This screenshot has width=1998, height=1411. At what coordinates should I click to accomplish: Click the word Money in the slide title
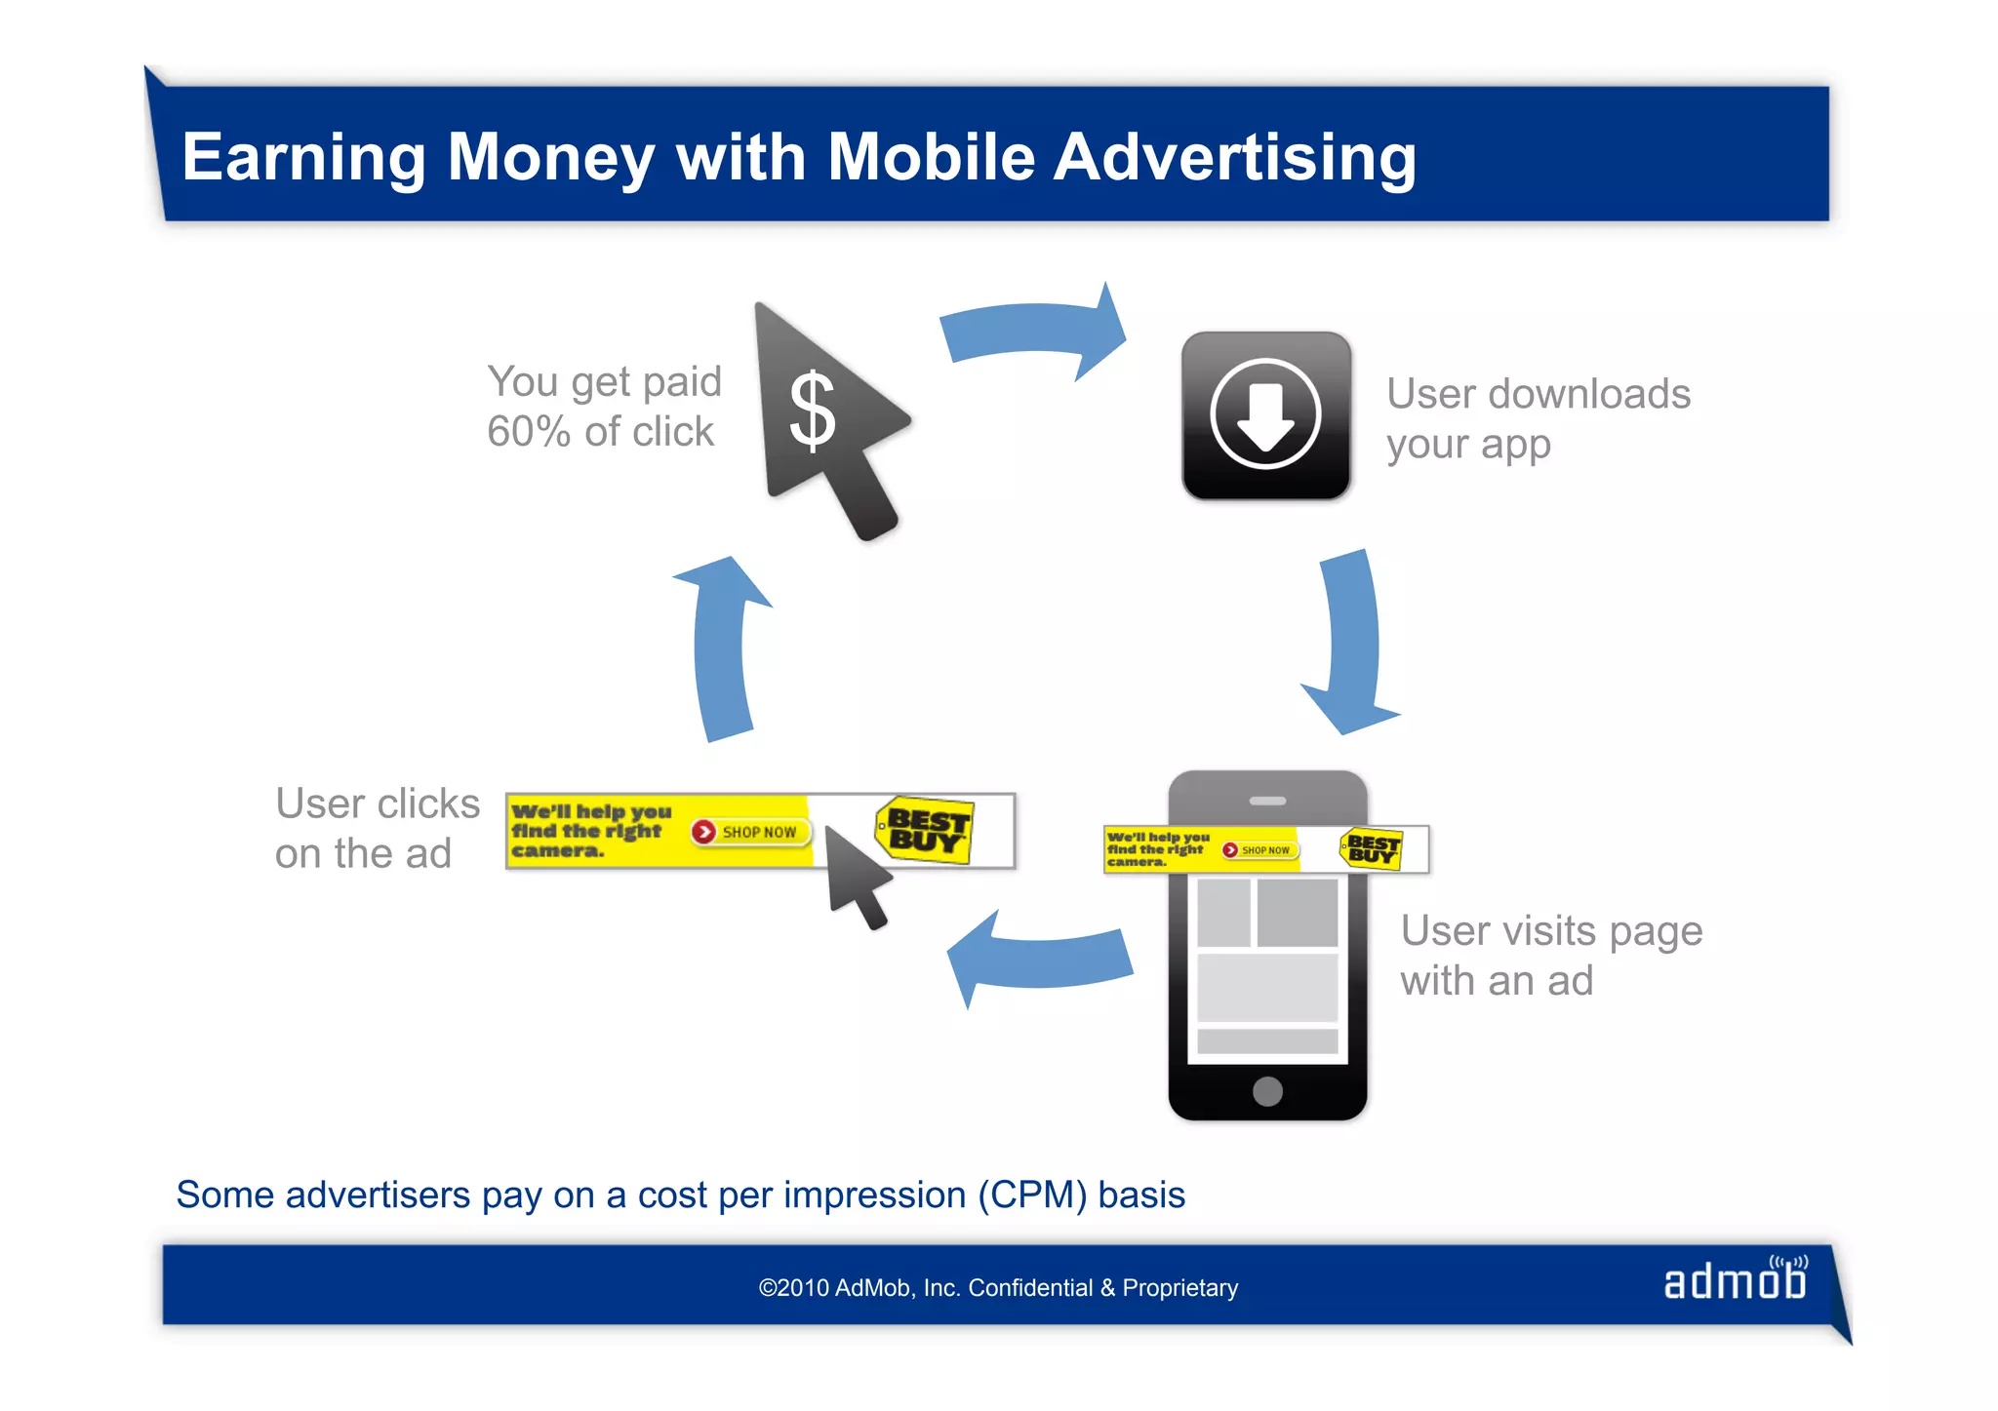pyautogui.click(x=550, y=158)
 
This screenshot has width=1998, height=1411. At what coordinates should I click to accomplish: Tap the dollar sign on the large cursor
pyautogui.click(x=812, y=412)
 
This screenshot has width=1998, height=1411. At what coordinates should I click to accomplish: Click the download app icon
pyautogui.click(x=1265, y=415)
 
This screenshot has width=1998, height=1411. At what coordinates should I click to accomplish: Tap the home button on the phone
pyautogui.click(x=1267, y=1090)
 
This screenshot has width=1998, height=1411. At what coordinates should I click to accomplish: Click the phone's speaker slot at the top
pyautogui.click(x=1267, y=801)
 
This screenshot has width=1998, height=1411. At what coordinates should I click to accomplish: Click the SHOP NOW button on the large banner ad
pyautogui.click(x=746, y=832)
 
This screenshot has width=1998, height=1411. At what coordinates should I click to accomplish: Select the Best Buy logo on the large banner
pyautogui.click(x=925, y=830)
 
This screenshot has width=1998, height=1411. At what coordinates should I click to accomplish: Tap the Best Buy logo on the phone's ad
pyautogui.click(x=1372, y=848)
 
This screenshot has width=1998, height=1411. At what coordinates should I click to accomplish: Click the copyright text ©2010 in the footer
pyautogui.click(x=795, y=1288)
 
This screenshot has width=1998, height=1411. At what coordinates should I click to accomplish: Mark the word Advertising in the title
pyautogui.click(x=1235, y=158)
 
